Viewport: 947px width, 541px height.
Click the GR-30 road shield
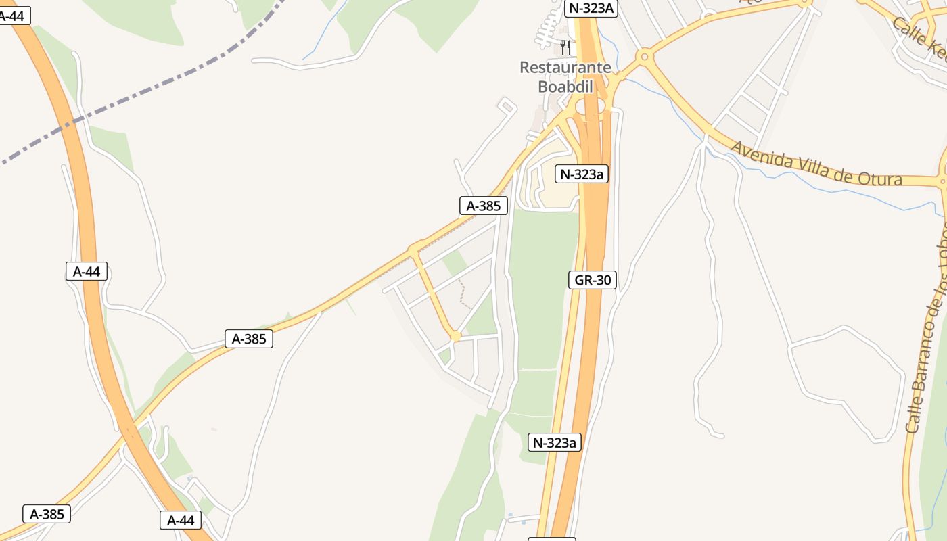(x=593, y=280)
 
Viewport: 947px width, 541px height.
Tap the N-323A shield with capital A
(x=592, y=9)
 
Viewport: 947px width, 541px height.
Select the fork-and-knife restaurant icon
(x=565, y=47)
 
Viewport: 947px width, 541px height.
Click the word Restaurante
(x=565, y=68)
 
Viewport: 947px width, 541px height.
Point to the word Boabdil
(x=565, y=87)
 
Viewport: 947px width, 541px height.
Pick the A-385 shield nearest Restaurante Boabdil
(x=483, y=206)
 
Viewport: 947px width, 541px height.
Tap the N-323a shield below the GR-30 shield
(x=555, y=442)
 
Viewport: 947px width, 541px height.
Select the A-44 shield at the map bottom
(x=181, y=520)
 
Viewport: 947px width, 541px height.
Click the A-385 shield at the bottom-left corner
(x=47, y=514)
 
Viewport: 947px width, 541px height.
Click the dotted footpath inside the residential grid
(x=464, y=294)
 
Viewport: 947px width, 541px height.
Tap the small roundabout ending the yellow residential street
(x=456, y=336)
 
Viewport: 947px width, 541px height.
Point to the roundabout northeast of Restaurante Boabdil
(x=644, y=57)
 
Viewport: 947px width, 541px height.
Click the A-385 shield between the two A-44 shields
(x=249, y=339)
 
